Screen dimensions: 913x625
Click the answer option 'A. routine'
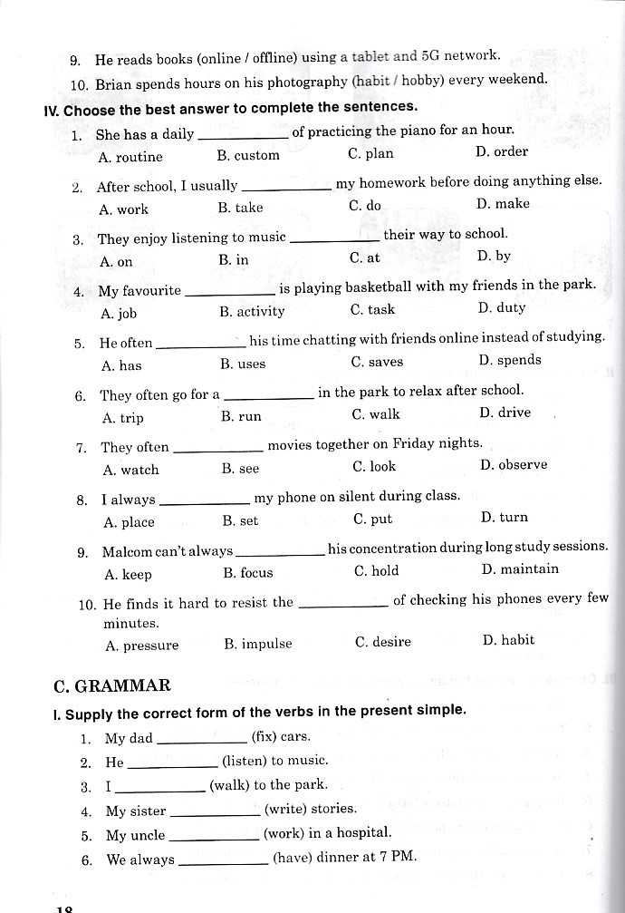point(130,157)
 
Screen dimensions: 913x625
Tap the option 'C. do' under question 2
point(365,206)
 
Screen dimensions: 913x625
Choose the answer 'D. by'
point(494,257)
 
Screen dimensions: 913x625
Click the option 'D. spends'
point(510,360)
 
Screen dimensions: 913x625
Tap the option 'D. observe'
point(514,465)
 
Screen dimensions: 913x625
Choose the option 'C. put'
point(373,520)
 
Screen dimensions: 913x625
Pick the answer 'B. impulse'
point(258,644)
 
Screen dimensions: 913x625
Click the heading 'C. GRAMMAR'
point(112,685)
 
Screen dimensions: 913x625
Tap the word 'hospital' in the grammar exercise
point(363,832)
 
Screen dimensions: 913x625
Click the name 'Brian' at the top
point(114,83)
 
